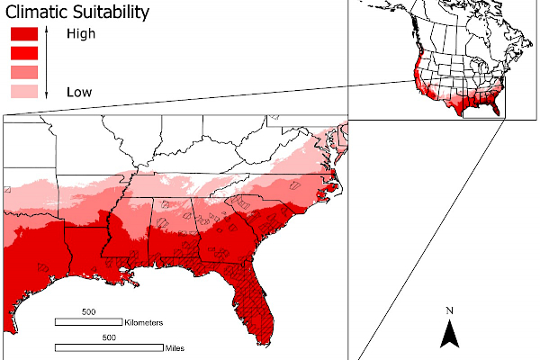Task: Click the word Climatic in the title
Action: tap(38, 13)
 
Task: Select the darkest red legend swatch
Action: tap(23, 34)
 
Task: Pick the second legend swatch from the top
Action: tap(23, 53)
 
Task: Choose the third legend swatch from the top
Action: tap(23, 72)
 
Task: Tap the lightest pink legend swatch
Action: tap(23, 91)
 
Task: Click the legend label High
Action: tap(80, 34)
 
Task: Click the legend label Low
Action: tap(78, 92)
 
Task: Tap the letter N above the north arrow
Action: tap(450, 311)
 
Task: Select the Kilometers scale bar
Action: tap(89, 321)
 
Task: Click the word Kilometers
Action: tap(144, 321)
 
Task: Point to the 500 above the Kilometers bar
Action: tap(88, 311)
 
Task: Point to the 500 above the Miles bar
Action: tap(109, 337)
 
